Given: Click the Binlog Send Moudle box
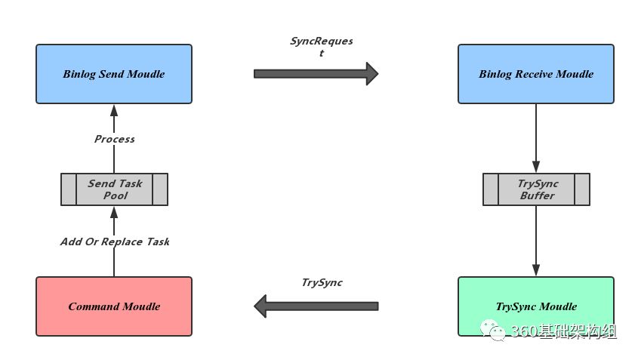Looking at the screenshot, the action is click(114, 74).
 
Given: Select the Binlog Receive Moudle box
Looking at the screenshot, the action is click(536, 74).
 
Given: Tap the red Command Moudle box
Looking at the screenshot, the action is click(114, 306).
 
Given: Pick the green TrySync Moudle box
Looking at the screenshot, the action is click(536, 306).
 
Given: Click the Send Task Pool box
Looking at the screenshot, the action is click(114, 189).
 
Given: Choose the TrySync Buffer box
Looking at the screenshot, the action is click(536, 189).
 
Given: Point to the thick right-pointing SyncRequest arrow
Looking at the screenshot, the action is click(316, 74).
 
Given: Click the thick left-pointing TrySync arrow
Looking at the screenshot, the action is click(316, 306).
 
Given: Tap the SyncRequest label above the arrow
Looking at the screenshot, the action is click(322, 46).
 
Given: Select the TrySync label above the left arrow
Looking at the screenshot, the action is click(322, 282).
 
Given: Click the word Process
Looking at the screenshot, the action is click(114, 139).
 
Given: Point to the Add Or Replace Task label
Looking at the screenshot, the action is click(115, 242).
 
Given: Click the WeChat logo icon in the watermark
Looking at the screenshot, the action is click(493, 330).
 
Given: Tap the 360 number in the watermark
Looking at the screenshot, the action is click(524, 331).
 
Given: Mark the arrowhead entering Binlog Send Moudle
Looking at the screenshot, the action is click(114, 110).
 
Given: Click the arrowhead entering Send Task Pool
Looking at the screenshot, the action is click(114, 212).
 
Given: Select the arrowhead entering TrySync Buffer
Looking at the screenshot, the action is click(536, 167).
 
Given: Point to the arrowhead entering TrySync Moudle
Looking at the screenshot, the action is click(536, 270).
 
